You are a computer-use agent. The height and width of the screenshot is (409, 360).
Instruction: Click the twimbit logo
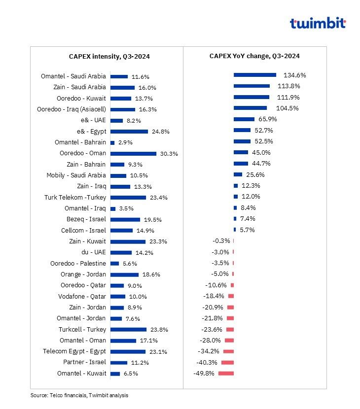click(318, 23)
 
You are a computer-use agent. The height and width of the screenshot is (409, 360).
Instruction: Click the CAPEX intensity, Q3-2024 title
click(109, 57)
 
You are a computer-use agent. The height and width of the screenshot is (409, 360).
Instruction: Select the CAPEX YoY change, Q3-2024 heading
click(254, 56)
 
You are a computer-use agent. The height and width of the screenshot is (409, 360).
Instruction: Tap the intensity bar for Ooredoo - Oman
click(133, 154)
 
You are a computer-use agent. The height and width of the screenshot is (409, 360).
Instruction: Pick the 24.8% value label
click(161, 132)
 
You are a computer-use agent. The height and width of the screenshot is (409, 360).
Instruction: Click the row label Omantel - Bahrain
click(80, 142)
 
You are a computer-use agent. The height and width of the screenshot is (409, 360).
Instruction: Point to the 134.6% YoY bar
click(255, 75)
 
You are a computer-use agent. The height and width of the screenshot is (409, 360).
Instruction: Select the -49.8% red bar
click(226, 374)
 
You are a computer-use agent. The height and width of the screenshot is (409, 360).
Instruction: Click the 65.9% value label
click(268, 119)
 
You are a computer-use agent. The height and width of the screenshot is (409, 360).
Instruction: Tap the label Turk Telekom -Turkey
click(75, 198)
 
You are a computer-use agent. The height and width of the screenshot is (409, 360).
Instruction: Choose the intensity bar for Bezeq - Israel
click(125, 220)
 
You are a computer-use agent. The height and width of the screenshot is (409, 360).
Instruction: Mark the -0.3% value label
click(221, 241)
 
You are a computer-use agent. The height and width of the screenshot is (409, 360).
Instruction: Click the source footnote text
click(79, 395)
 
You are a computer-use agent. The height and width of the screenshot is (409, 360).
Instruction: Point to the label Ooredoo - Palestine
click(78, 264)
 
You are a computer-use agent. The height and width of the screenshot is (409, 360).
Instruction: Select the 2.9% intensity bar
click(112, 143)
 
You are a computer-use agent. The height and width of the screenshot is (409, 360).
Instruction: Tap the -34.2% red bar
click(228, 351)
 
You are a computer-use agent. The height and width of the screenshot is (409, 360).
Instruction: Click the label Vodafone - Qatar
click(82, 297)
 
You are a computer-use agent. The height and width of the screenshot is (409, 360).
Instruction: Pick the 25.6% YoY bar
click(238, 174)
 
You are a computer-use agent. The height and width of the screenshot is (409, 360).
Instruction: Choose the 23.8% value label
click(159, 330)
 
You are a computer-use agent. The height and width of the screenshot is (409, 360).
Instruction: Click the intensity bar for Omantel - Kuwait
click(115, 374)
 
